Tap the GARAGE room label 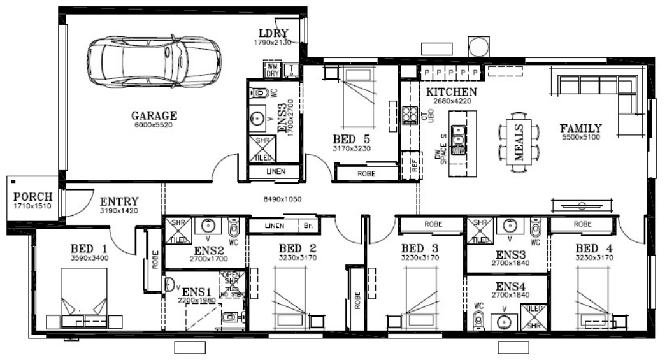[154, 116]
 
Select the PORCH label [32, 196]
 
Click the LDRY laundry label [274, 34]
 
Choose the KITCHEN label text [451, 92]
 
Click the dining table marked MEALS [517, 139]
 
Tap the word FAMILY [582, 128]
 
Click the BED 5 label [352, 139]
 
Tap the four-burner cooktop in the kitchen [408, 115]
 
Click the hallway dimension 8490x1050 [283, 199]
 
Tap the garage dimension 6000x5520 [154, 125]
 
